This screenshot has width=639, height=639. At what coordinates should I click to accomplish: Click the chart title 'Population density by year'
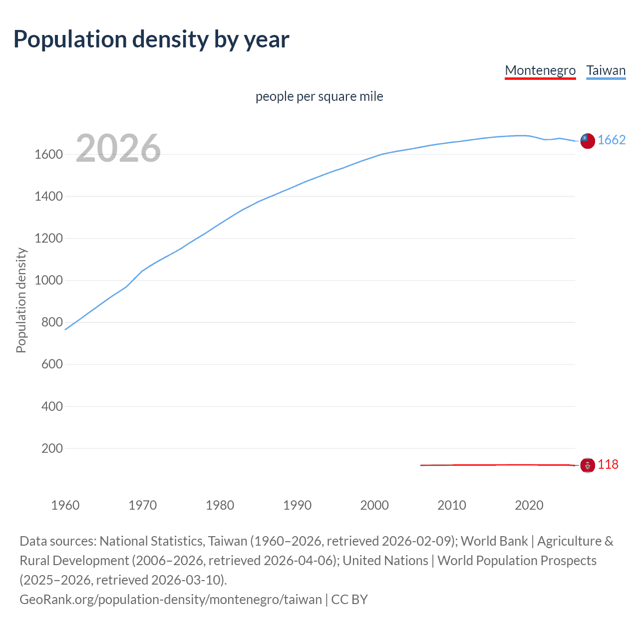click(151, 39)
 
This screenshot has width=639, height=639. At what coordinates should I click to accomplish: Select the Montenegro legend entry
click(540, 70)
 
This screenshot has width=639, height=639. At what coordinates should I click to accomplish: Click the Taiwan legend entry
click(606, 70)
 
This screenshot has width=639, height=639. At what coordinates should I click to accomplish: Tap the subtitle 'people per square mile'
click(319, 96)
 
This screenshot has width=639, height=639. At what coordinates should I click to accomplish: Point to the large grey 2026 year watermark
click(118, 148)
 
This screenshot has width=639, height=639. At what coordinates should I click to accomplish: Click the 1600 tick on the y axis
click(48, 155)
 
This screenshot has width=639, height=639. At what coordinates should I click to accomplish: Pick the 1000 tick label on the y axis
click(48, 281)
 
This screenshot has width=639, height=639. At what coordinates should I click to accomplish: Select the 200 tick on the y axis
click(52, 448)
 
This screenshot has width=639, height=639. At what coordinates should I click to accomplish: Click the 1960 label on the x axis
click(65, 505)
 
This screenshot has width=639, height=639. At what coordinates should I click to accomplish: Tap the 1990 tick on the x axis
click(297, 505)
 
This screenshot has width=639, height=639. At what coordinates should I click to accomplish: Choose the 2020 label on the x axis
click(529, 505)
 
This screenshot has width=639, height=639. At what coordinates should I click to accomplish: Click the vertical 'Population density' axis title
click(21, 301)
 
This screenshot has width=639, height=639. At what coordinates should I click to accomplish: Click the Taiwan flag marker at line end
click(588, 141)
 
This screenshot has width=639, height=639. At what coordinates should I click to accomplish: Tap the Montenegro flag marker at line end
click(588, 465)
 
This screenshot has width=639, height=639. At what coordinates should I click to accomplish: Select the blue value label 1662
click(612, 140)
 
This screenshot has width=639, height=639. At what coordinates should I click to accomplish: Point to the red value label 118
click(608, 465)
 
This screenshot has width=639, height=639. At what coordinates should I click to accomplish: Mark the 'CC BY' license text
click(349, 600)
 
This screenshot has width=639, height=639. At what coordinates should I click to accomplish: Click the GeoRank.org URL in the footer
click(170, 600)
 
